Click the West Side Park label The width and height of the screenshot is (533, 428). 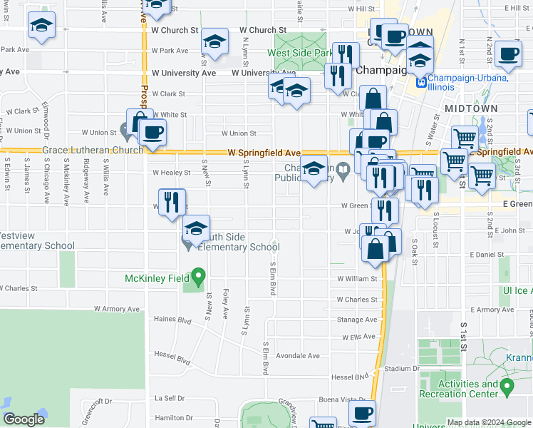(x=300, y=53)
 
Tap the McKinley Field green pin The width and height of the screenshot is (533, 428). (x=199, y=275)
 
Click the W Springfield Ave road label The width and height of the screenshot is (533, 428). (x=264, y=153)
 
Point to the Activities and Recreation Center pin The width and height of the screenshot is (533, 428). (x=507, y=387)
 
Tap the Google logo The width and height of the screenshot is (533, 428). (x=24, y=419)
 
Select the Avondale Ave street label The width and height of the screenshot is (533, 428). (x=298, y=355)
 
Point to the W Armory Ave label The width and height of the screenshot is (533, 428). (x=117, y=309)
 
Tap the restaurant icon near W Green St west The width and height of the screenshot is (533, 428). (x=172, y=202)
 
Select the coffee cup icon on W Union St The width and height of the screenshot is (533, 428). (x=152, y=131)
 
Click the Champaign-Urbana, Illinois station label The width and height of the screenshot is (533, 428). (x=472, y=78)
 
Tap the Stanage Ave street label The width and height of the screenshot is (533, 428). (x=356, y=320)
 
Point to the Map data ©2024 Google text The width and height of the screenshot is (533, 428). (x=488, y=422)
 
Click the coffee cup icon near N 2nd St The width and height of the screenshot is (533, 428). (x=509, y=53)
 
